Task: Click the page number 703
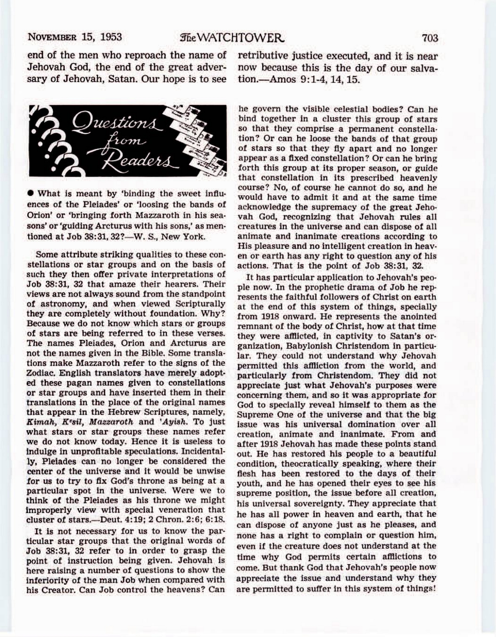[x=430, y=38]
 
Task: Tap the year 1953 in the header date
[x=111, y=37]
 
